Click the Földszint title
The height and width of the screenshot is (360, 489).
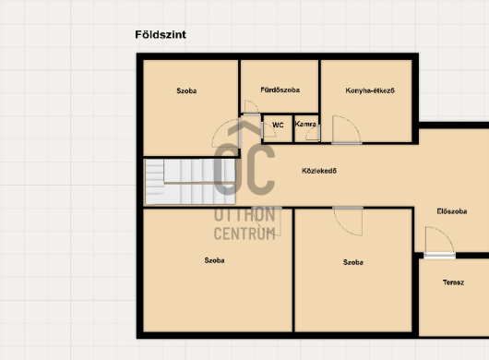161,35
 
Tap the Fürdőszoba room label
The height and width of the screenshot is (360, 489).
280,90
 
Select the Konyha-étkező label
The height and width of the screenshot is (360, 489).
370,90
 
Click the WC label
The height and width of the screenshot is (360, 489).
278,126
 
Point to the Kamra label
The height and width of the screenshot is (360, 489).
305,124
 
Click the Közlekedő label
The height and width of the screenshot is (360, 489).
319,171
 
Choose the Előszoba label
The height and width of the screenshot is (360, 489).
451,211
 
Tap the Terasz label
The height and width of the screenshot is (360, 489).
453,282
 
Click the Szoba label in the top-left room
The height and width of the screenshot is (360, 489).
186,90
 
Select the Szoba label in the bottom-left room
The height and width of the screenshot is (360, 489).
214,260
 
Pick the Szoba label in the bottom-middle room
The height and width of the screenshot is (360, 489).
353,262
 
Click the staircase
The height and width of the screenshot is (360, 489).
190,182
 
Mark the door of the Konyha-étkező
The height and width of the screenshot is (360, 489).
346,130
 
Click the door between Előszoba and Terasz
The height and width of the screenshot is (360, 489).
439,243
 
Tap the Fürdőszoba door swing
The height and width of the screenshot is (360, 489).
252,107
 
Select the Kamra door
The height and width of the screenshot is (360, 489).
313,133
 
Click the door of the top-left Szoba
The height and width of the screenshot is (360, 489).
226,133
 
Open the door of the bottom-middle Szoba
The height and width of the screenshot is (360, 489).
348,221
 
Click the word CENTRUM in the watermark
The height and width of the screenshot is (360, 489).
244,234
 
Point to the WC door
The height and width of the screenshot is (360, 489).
268,130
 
